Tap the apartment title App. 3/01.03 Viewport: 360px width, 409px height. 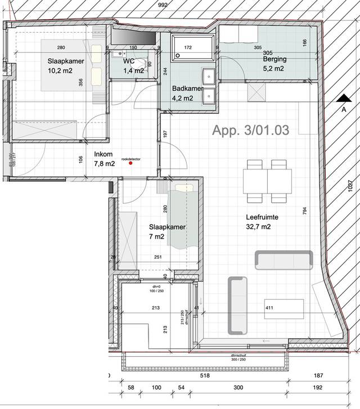(250, 131)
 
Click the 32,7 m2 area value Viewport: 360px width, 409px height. (259, 227)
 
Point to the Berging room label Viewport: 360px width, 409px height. (274, 59)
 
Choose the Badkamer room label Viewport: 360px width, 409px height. (188, 88)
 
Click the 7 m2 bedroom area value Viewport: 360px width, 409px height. (157, 237)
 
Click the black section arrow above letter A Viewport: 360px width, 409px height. (343, 98)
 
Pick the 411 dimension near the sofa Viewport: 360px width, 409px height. (270, 308)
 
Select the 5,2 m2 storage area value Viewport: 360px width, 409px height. (273, 69)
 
